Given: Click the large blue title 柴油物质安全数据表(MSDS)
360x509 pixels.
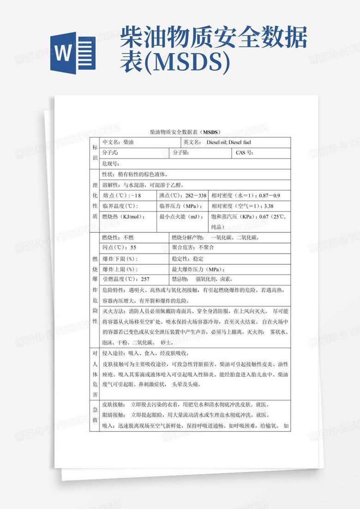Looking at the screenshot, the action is (x=213, y=50).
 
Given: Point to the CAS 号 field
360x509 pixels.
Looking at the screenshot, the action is (x=261, y=153).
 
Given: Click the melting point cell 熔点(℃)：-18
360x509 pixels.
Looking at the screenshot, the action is (x=128, y=195).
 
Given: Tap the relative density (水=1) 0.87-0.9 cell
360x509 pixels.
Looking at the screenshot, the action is (x=249, y=195).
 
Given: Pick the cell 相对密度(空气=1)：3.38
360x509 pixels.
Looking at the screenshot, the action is (x=249, y=206).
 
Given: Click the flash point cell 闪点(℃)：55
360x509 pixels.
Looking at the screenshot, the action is (x=134, y=248).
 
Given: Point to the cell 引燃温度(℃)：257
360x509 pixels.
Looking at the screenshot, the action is (x=134, y=279).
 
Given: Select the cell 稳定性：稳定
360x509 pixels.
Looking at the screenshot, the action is (x=230, y=259).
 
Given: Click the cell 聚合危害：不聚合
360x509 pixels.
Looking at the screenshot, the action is (x=230, y=248).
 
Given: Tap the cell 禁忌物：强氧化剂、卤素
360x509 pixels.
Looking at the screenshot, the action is (x=230, y=279).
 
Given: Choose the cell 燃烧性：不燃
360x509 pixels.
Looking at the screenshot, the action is (x=134, y=237).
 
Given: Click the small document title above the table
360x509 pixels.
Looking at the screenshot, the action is (x=186, y=132).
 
